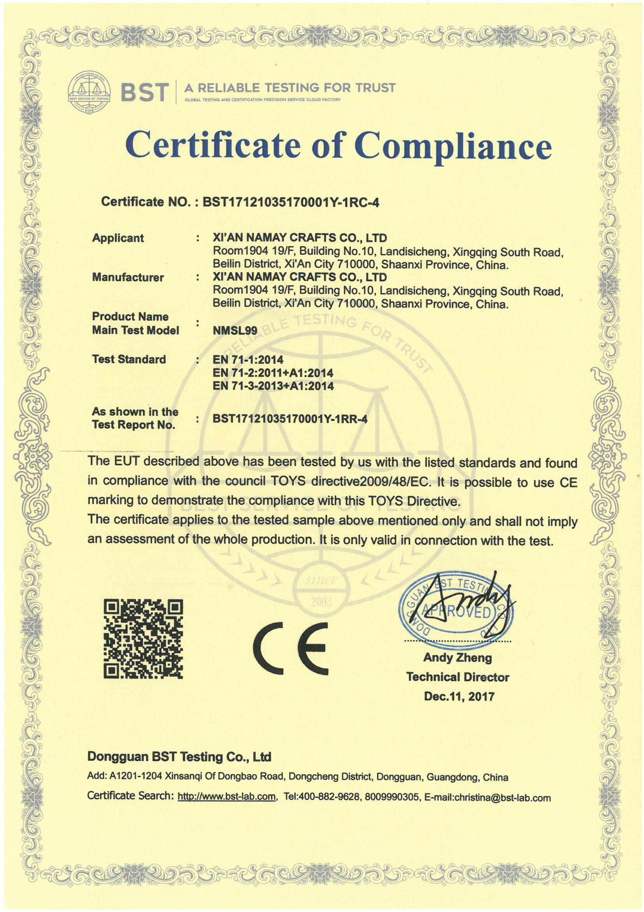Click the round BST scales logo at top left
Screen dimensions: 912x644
89,92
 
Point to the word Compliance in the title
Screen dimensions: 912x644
453,146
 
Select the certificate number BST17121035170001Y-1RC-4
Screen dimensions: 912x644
291,202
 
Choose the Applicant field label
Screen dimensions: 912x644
118,238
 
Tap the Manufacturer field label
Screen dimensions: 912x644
128,277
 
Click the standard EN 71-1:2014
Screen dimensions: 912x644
248,360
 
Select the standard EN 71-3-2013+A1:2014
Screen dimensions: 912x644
273,386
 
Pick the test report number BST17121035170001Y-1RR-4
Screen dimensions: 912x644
290,419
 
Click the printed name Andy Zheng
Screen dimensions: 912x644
457,658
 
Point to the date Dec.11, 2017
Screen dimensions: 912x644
459,696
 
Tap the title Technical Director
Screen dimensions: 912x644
457,677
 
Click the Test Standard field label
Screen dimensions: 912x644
129,360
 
